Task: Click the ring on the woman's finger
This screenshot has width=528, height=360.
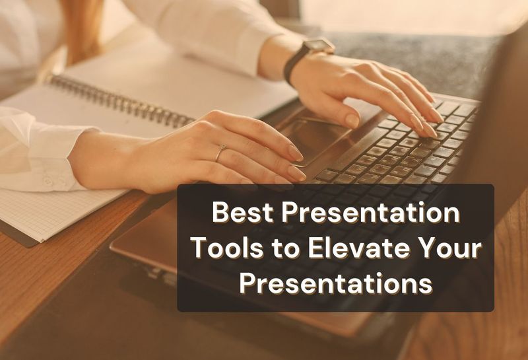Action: (x=220, y=153)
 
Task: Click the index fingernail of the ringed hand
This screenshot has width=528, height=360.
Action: (x=296, y=172)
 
